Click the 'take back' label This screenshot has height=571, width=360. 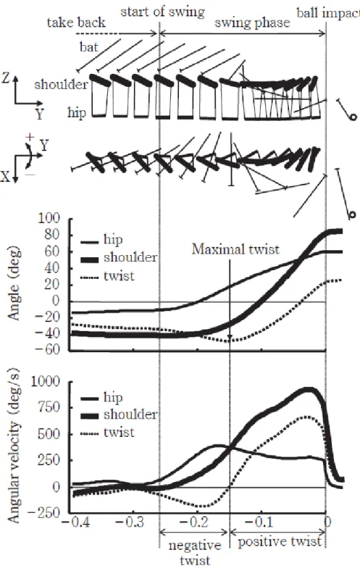[76, 22]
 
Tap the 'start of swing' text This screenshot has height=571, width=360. [163, 12]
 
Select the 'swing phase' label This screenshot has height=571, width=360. [252, 23]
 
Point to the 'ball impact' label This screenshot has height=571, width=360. [328, 13]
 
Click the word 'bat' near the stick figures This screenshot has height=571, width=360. [89, 46]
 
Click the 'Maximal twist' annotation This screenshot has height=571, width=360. [235, 249]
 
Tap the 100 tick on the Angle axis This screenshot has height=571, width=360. [49, 218]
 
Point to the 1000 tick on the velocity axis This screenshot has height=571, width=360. [46, 381]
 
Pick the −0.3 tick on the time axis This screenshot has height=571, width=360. [130, 522]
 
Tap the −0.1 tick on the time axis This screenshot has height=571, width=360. [259, 522]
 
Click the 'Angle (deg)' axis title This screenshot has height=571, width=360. [14, 285]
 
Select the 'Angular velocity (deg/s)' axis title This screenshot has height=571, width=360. [14, 447]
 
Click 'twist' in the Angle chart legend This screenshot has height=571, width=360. [119, 275]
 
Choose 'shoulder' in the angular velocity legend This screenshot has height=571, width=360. [130, 414]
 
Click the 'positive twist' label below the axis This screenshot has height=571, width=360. [280, 541]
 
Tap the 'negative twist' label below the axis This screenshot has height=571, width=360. [195, 552]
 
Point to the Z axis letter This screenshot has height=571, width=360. [5, 78]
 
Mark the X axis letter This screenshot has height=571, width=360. [5, 178]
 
